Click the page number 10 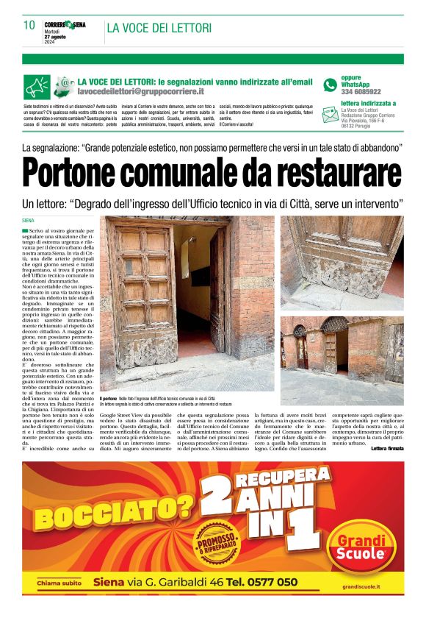click(29, 26)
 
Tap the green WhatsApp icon click(331, 85)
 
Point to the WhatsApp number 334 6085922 click(361, 92)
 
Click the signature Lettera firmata click(386, 448)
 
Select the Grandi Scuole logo click(361, 545)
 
